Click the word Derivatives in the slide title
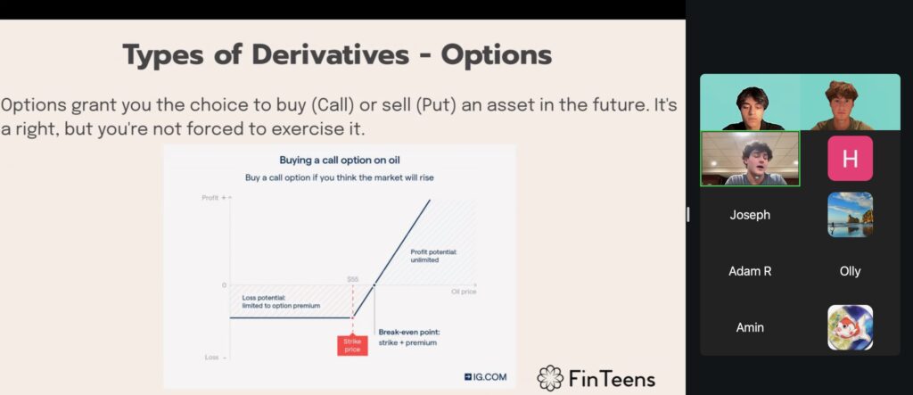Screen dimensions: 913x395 [x=330, y=54]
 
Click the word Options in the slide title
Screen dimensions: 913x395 [x=496, y=54]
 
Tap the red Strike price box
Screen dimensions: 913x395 [x=352, y=345]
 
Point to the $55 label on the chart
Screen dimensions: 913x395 [x=352, y=279]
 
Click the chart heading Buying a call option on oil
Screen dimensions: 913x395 [x=340, y=160]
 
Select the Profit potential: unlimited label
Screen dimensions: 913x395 [x=434, y=256]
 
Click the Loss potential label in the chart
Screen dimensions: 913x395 [x=281, y=301]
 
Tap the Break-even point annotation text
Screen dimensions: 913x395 [x=408, y=337]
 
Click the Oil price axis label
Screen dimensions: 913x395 [x=464, y=292]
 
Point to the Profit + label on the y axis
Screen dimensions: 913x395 [x=213, y=198]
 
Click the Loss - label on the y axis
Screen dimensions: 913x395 [x=215, y=358]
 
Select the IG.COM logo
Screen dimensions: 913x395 [x=485, y=377]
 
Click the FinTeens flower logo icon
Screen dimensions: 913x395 [x=550, y=378]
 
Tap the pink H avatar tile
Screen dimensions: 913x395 [x=850, y=159]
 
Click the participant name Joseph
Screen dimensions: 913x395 [x=750, y=215]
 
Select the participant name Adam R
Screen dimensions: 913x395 [x=750, y=271]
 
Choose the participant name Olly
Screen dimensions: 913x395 [x=850, y=271]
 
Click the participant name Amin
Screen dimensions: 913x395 [x=750, y=327]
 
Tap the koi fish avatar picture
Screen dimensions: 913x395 [x=850, y=327]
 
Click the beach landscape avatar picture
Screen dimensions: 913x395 [x=850, y=214]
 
